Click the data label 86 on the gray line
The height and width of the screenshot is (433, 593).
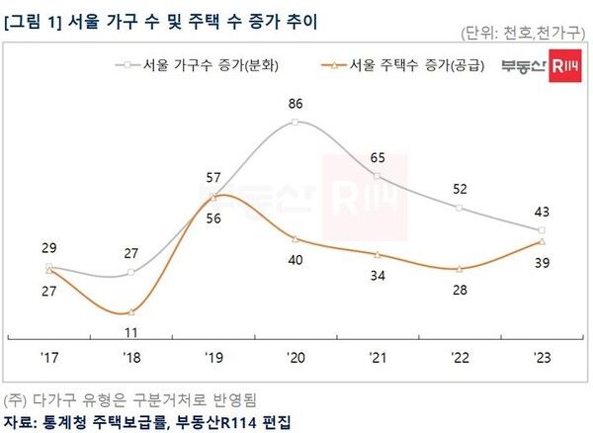click(x=296, y=102)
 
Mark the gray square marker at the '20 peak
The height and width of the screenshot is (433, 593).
click(x=296, y=123)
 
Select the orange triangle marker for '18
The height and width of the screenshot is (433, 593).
click(x=131, y=312)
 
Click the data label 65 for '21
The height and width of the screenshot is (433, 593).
click(x=378, y=156)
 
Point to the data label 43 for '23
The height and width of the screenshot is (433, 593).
click(x=542, y=212)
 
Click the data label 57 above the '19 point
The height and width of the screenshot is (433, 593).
click(x=213, y=177)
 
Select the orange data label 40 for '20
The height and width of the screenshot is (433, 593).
click(x=296, y=259)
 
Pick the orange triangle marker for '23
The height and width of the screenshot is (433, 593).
click(x=542, y=241)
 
